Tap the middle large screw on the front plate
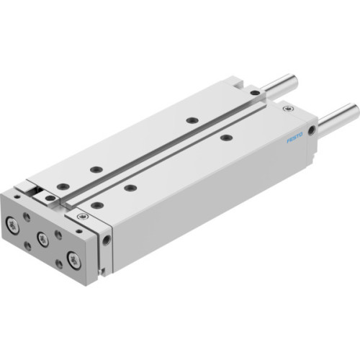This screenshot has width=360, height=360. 43,240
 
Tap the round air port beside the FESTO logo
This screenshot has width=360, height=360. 311,131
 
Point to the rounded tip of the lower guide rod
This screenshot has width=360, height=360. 354,109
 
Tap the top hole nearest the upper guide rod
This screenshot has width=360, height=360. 254,93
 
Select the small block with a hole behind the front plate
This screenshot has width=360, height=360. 48,197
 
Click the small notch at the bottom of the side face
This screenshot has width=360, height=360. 107,272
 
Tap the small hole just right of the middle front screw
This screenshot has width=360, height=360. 58,235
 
